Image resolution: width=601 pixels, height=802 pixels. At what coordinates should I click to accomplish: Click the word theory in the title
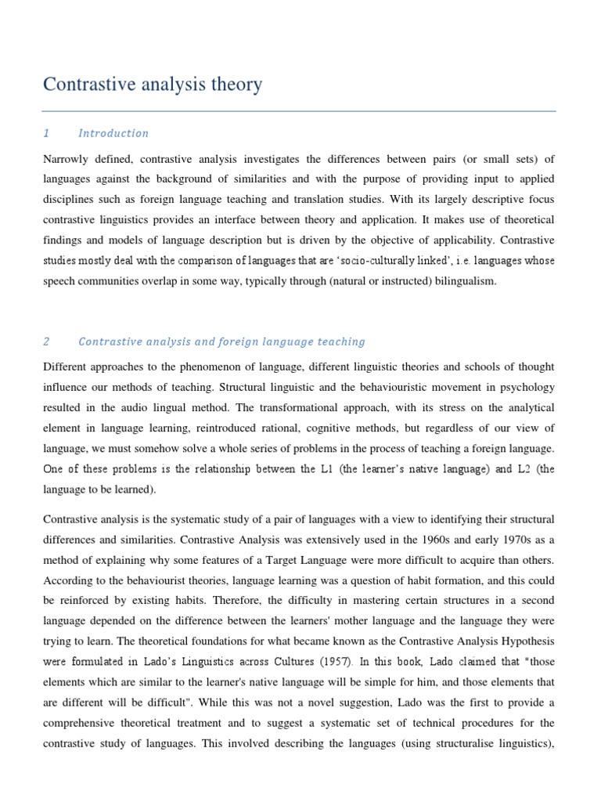tap(234, 85)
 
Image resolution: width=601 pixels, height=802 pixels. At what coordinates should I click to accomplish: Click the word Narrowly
tap(69, 159)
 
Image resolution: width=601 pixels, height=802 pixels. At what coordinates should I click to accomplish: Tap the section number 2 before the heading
tap(47, 341)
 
